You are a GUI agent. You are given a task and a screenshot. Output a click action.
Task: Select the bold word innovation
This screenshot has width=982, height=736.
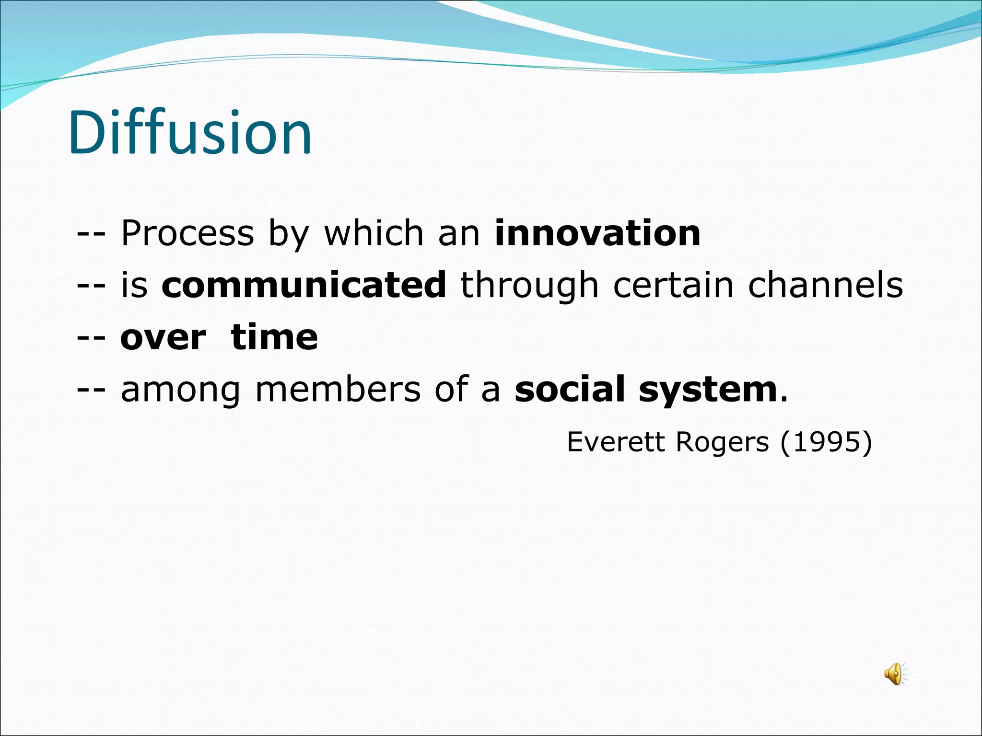[597, 233]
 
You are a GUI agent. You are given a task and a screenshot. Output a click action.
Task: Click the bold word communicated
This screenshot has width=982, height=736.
[304, 285]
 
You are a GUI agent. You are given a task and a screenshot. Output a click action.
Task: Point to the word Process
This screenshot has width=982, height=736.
[187, 233]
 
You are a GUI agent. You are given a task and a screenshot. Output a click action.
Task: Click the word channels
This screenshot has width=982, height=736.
[825, 285]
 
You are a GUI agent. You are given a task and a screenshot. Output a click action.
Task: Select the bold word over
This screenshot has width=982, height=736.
[163, 337]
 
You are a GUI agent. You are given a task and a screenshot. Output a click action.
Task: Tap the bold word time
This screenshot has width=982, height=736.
[274, 337]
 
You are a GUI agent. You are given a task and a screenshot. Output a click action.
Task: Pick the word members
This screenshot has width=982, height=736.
[338, 390]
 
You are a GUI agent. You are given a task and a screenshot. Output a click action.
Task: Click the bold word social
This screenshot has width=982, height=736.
[570, 389]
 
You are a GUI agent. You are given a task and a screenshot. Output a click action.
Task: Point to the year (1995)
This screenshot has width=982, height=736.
[826, 442]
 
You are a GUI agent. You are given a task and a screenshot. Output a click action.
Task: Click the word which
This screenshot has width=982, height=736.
[374, 233]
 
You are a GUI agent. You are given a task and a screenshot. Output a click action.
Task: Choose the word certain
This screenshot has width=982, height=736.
[673, 285]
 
